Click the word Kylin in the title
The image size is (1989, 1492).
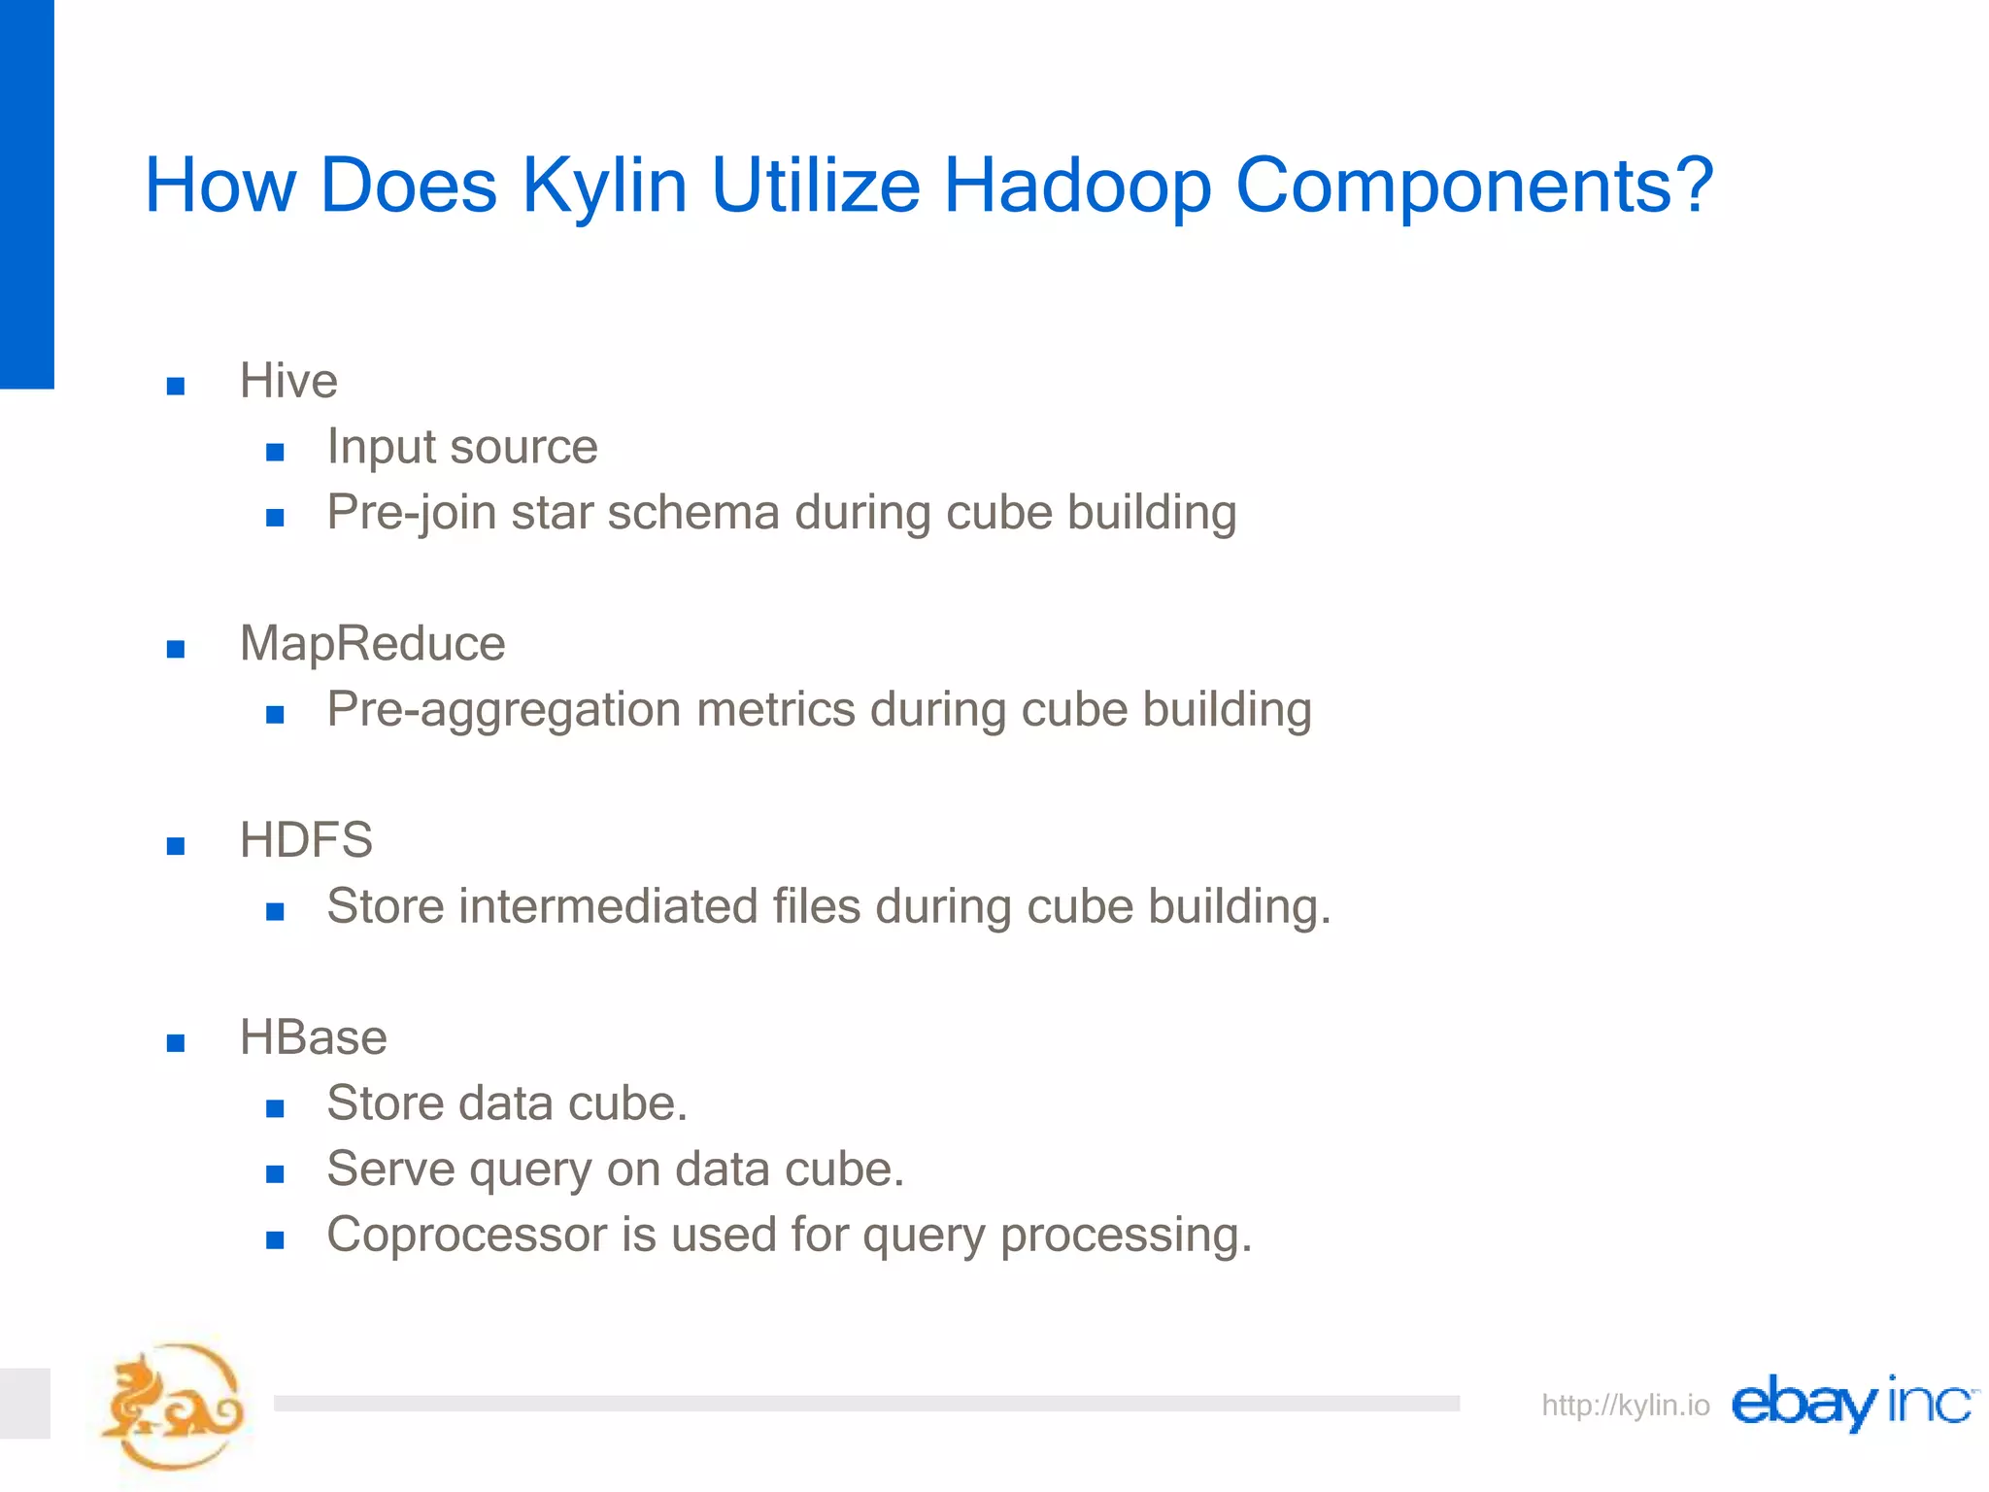[x=604, y=186]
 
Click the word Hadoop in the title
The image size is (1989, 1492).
[x=1077, y=186]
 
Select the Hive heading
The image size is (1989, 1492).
[x=288, y=381]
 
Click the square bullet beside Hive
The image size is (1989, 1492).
[x=176, y=387]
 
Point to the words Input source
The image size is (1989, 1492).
[x=461, y=447]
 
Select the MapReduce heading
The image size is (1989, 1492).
[x=372, y=644]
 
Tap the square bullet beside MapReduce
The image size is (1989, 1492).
[x=176, y=649]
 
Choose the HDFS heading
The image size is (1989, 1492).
[x=306, y=840]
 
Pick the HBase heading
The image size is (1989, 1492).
[x=313, y=1037]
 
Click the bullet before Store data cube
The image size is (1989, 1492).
[x=275, y=1108]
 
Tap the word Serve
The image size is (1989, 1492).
[x=390, y=1169]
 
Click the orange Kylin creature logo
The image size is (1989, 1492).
[x=173, y=1407]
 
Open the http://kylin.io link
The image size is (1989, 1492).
[x=1625, y=1406]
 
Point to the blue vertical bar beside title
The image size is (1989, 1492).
[x=26, y=194]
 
